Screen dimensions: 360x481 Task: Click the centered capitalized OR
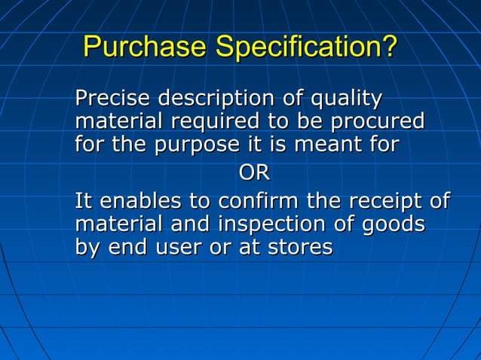click(x=254, y=173)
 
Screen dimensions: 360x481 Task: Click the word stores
click(x=299, y=248)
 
